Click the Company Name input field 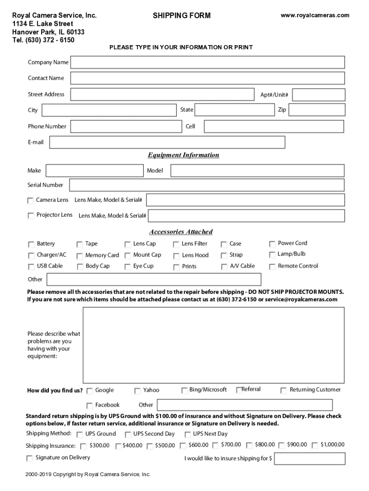coord(208,62)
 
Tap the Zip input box coord(316,110)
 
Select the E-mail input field coord(167,142)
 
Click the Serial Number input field coord(207,185)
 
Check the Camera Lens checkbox coord(31,200)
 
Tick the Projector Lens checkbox coord(31,215)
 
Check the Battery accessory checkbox coord(31,244)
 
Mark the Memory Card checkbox coord(80,256)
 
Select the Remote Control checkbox coord(272,267)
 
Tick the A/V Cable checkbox coord(224,267)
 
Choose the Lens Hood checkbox coord(176,256)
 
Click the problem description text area coord(213,345)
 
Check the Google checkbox coord(90,391)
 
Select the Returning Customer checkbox coord(284,390)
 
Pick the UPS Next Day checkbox coord(187,434)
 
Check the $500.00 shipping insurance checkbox coord(150,446)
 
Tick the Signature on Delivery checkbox coord(30,458)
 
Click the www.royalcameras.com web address coord(315,15)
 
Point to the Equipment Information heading coord(184,155)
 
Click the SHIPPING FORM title coord(182,16)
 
